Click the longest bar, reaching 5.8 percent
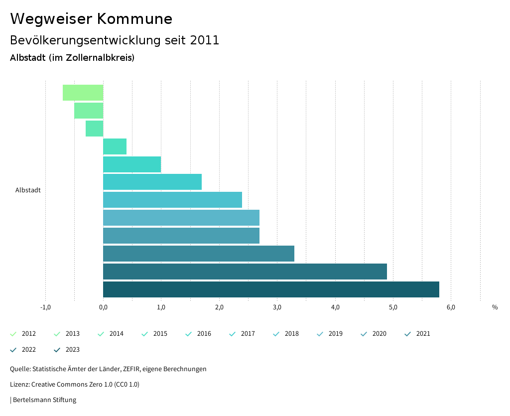coord(271,289)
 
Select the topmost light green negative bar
coord(83,93)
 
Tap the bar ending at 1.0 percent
coord(132,164)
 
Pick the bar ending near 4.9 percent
coord(245,272)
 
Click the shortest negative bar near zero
coord(94,129)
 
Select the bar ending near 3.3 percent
coord(198,254)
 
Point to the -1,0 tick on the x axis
coord(45,307)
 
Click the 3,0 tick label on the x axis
coord(277,307)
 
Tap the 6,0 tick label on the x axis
coord(451,307)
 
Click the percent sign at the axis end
coord(495,307)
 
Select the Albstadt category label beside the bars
coord(28,190)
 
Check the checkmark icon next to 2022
coord(13,350)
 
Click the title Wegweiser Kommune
coord(91,19)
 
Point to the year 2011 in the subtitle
coord(205,40)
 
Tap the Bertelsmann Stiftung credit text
coord(44,400)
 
